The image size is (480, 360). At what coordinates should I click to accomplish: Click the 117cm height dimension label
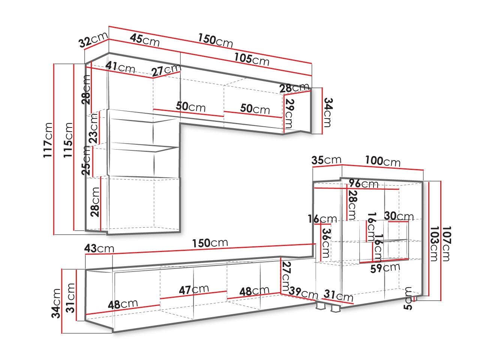pyautogui.click(x=48, y=140)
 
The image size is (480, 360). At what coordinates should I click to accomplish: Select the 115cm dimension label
pyautogui.click(x=68, y=140)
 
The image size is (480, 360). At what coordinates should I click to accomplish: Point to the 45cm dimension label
pyautogui.click(x=144, y=40)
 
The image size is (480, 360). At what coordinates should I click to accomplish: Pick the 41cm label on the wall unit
pyautogui.click(x=120, y=67)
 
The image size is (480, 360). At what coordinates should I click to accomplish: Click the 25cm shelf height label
pyautogui.click(x=86, y=160)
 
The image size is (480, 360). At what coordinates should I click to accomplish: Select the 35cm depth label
pyautogui.click(x=326, y=160)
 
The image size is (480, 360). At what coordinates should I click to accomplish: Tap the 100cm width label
pyautogui.click(x=383, y=161)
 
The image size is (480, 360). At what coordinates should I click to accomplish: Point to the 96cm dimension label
pyautogui.click(x=363, y=184)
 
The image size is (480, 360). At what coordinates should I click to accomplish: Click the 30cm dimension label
pyautogui.click(x=399, y=216)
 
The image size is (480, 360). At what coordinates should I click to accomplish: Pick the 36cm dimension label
pyautogui.click(x=325, y=243)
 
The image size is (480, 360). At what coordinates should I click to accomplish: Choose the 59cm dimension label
pyautogui.click(x=385, y=268)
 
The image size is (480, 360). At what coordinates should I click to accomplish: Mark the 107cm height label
pyautogui.click(x=445, y=244)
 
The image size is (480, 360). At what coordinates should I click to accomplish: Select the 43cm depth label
pyautogui.click(x=99, y=248)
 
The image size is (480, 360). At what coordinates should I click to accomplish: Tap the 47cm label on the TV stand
pyautogui.click(x=194, y=290)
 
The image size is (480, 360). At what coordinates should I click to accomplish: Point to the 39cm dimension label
pyautogui.click(x=303, y=293)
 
